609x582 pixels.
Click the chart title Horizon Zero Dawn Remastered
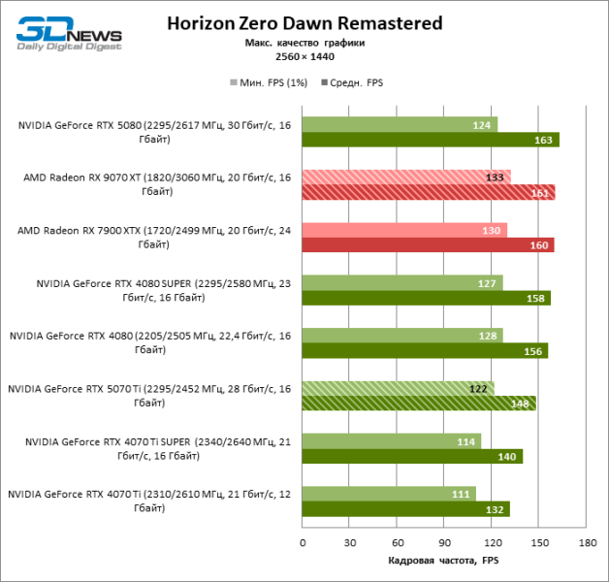click(304, 22)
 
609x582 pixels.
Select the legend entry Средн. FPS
click(355, 82)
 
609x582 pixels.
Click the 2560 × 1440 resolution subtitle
click(304, 57)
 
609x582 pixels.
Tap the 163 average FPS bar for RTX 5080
click(430, 140)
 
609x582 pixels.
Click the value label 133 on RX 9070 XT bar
click(494, 177)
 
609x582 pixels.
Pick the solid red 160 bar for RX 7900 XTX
click(427, 245)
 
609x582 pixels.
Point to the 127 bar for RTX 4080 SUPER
click(401, 282)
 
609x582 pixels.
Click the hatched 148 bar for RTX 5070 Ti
click(418, 404)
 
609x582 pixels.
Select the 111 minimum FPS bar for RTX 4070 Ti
click(389, 494)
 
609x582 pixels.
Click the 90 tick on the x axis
click(444, 542)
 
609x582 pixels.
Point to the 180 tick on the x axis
click(586, 542)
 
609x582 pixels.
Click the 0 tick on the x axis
click(303, 542)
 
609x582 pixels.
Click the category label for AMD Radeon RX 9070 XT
click(156, 184)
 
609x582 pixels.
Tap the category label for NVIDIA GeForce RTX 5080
click(154, 131)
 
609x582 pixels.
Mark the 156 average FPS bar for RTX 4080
click(425, 351)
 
